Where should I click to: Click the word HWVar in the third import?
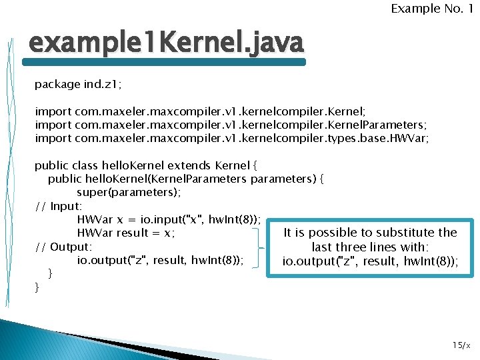click(411, 138)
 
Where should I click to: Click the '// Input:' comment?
click(59, 206)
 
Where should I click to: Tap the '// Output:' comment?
click(63, 247)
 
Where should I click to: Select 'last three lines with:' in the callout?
click(370, 247)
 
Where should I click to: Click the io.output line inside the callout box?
click(370, 261)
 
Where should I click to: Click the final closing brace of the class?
click(37, 287)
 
